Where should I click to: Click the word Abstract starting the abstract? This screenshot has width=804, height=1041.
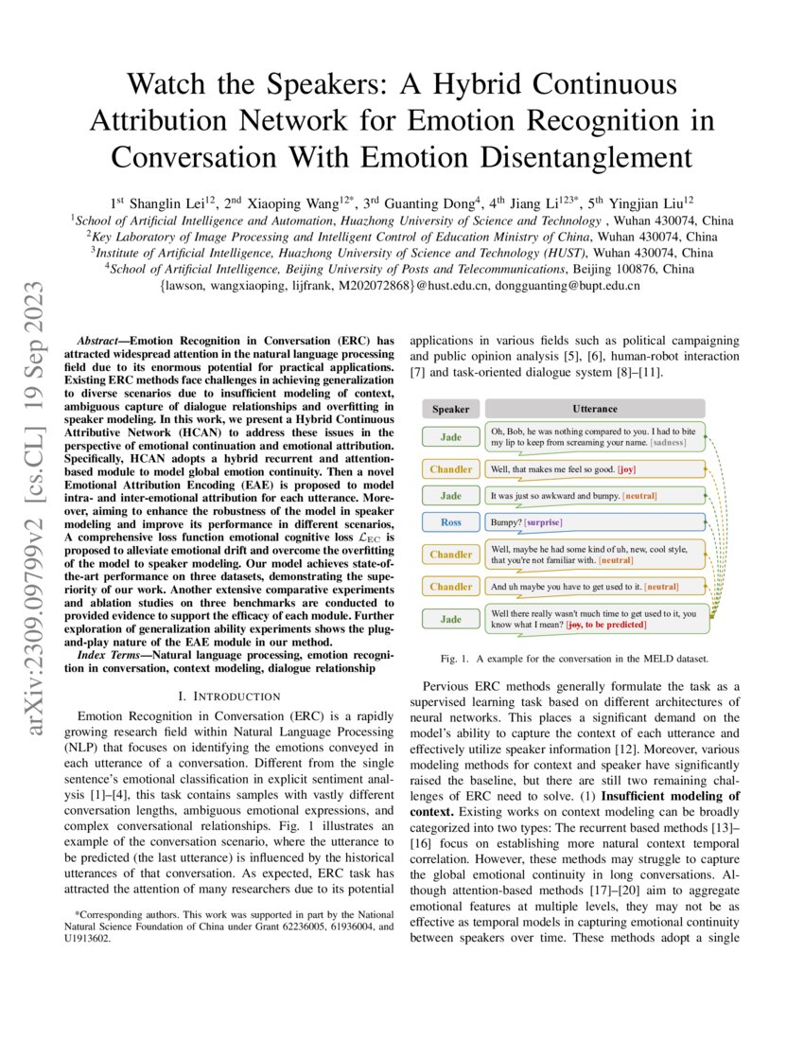pos(99,340)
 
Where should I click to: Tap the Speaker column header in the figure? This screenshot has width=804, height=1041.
pos(451,409)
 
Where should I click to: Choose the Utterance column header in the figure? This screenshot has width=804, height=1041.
pos(595,409)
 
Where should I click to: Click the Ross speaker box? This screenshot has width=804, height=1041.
pos(451,522)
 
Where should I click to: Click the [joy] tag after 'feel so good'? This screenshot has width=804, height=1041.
pos(627,468)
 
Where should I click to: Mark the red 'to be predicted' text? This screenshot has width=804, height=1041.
pos(615,626)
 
